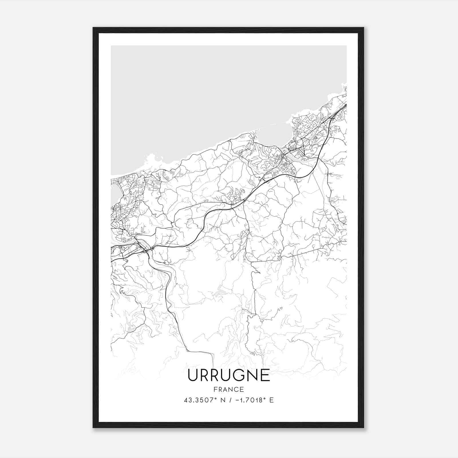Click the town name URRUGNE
(x=229, y=375)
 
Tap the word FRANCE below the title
(x=229, y=389)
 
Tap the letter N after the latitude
(x=220, y=400)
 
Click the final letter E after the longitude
(x=271, y=400)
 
